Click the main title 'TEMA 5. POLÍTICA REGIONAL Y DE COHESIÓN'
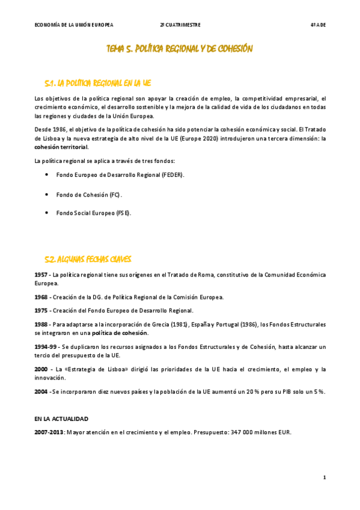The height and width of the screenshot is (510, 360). click(179, 49)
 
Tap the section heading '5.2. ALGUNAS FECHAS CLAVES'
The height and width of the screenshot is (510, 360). click(88, 259)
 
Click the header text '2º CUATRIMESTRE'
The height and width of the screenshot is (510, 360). click(180, 25)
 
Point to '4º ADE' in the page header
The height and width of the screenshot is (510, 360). click(318, 25)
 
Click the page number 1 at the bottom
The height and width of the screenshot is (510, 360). click(324, 478)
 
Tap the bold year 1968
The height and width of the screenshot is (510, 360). click(41, 297)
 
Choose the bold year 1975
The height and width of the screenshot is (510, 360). click(41, 311)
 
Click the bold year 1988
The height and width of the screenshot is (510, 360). click(41, 324)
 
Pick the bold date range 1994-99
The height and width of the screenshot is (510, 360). click(46, 347)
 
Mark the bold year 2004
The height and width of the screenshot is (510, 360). click(41, 392)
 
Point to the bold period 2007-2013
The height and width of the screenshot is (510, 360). click(49, 432)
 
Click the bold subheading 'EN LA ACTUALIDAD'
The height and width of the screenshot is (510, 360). click(61, 419)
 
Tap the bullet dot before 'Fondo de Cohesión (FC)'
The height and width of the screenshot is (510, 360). click(47, 195)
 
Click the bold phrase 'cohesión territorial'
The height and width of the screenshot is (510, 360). click(61, 147)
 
